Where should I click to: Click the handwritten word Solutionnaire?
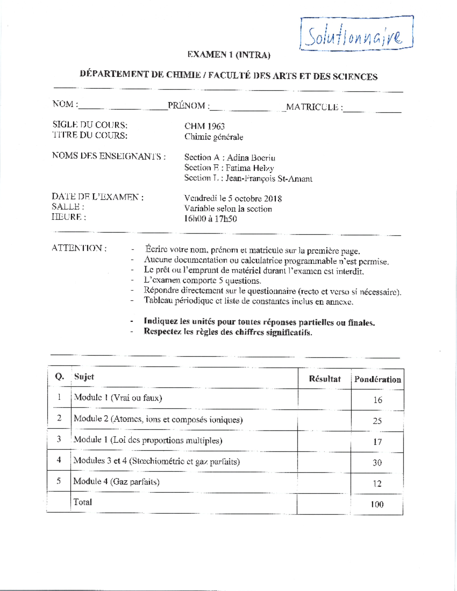[x=354, y=37]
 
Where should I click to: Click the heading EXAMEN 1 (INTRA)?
[x=228, y=55]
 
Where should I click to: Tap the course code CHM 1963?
[x=205, y=126]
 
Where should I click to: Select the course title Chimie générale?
[x=214, y=137]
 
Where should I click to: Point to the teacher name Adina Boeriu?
[x=251, y=158]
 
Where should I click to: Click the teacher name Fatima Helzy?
[x=249, y=168]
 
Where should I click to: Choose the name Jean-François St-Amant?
[x=268, y=178]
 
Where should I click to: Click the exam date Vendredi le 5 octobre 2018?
[x=233, y=198]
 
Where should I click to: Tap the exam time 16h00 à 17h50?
[x=210, y=219]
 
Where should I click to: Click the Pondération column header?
[x=377, y=379]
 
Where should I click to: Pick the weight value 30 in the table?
[x=377, y=463]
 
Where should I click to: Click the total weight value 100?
[x=377, y=505]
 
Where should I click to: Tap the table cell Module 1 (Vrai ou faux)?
[x=118, y=398]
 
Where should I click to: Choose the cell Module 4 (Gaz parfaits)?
[x=116, y=482]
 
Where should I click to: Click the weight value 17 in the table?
[x=377, y=442]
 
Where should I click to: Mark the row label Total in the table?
[x=83, y=502]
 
